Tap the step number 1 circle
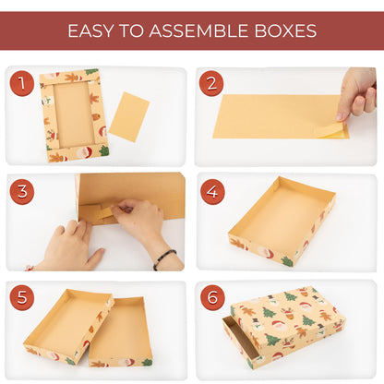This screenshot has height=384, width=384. click(x=22, y=85)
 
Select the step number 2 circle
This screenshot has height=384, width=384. click(x=211, y=85)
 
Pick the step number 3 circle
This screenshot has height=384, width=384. click(x=22, y=192)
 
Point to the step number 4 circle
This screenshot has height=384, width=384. click(x=211, y=192)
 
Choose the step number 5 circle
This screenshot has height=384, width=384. click(x=22, y=299)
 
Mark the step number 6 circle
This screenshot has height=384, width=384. click(x=211, y=299)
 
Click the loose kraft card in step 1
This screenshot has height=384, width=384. click(x=128, y=116)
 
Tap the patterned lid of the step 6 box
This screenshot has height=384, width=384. click(x=287, y=324)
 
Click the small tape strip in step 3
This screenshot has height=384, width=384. click(x=106, y=212)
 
